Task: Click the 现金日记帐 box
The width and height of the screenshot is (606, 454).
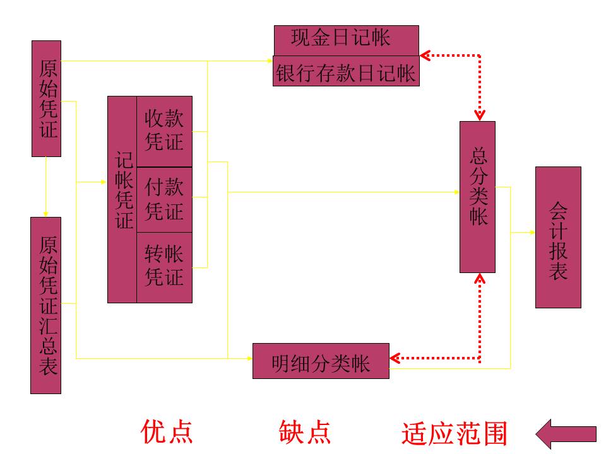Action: [346, 40]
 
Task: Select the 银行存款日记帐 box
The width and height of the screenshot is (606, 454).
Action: [346, 71]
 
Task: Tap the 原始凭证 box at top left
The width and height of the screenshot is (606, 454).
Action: [47, 98]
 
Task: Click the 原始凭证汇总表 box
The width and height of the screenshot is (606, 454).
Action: [46, 305]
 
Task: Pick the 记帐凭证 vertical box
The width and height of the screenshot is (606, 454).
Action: [122, 199]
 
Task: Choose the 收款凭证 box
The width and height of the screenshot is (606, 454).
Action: [164, 131]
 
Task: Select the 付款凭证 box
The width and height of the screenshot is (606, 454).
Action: [164, 199]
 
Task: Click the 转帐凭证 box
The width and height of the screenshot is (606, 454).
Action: [164, 267]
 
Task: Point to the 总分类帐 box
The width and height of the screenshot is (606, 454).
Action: [478, 197]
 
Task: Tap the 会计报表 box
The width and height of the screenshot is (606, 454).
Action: [558, 237]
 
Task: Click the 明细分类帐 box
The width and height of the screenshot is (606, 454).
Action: [321, 361]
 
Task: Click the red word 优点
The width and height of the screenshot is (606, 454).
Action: [167, 432]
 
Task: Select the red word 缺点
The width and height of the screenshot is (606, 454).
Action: [305, 432]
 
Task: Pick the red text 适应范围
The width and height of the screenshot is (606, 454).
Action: [454, 434]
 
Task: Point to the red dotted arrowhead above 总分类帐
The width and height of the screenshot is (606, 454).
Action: [480, 115]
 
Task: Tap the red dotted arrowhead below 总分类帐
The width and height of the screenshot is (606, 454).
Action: [480, 278]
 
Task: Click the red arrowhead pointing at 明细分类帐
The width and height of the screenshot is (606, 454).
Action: [395, 358]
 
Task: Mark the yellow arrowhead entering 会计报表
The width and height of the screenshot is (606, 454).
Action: [532, 233]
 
